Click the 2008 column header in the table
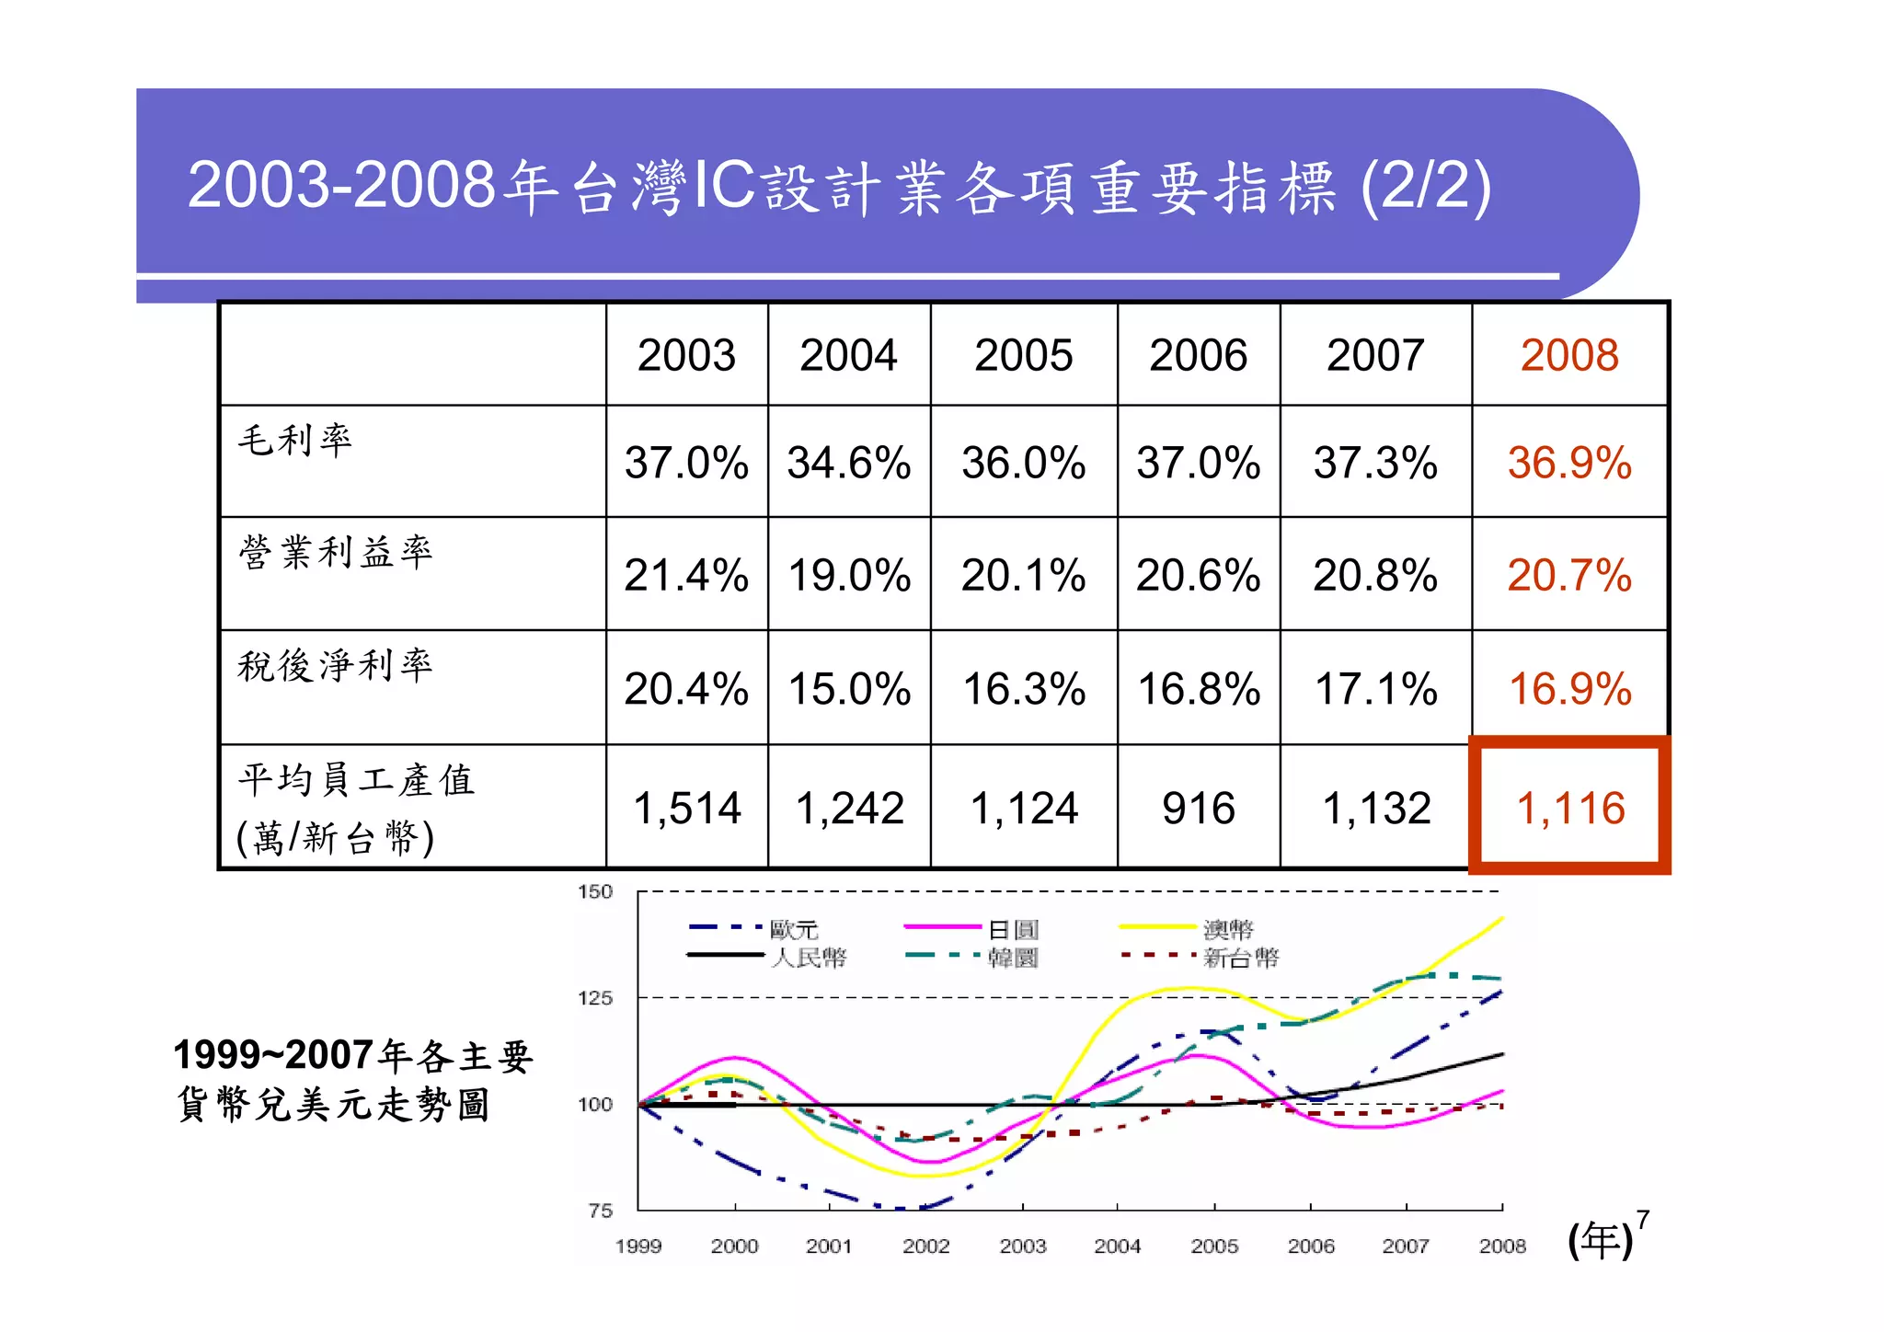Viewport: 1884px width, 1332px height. click(x=1568, y=355)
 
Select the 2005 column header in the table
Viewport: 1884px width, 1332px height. click(x=1023, y=355)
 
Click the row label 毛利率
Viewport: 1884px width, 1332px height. click(x=295, y=440)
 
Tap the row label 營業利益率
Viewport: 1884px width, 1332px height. click(x=336, y=552)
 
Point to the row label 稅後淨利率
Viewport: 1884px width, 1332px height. click(x=336, y=665)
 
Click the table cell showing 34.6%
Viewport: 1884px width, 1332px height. click(x=848, y=463)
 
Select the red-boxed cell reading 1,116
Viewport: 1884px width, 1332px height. click(x=1569, y=808)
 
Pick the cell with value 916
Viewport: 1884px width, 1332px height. click(x=1198, y=808)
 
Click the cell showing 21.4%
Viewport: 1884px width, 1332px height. click(x=685, y=576)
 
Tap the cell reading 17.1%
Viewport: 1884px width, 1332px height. click(x=1375, y=689)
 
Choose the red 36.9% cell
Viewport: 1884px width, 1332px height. click(x=1568, y=463)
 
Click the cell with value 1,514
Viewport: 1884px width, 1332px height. click(x=686, y=808)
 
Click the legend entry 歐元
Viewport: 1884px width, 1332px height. click(x=794, y=929)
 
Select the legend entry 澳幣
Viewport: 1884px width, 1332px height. click(x=1228, y=929)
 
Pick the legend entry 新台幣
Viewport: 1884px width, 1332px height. click(x=1241, y=958)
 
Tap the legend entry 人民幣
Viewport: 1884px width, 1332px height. click(x=809, y=958)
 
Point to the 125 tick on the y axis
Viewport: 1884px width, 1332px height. click(x=594, y=998)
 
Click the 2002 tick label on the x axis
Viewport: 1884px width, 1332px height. click(x=925, y=1246)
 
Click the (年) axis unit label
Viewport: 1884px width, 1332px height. click(x=1600, y=1241)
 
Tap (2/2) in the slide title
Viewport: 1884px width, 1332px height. click(x=1425, y=186)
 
